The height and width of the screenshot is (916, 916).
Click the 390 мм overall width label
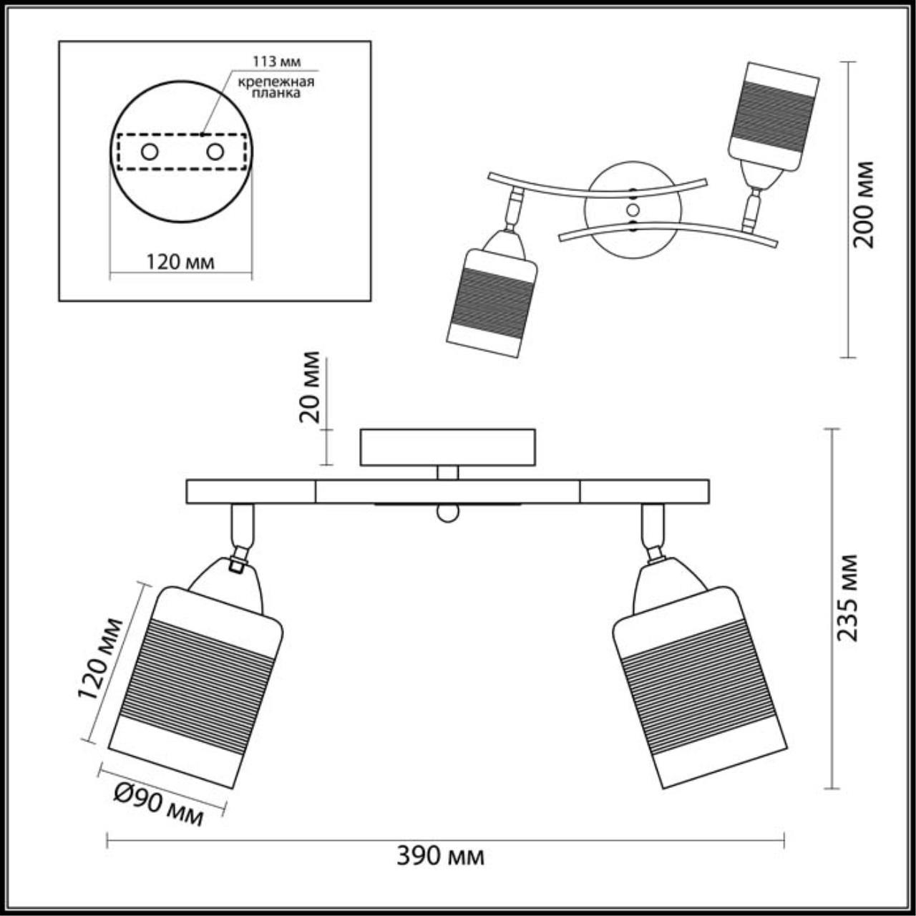440,856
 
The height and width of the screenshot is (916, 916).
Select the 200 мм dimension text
864,204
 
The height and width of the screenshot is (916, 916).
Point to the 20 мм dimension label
310,387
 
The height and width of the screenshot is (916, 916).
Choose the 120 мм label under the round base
180,262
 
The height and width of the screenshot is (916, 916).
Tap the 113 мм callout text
268,61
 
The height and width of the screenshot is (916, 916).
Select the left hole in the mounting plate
150,152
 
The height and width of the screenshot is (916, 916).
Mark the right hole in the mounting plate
215,152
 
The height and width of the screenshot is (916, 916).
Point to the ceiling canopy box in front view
448,447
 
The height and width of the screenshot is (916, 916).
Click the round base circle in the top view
633,210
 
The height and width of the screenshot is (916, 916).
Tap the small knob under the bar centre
447,513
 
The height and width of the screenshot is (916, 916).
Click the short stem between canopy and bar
448,472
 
